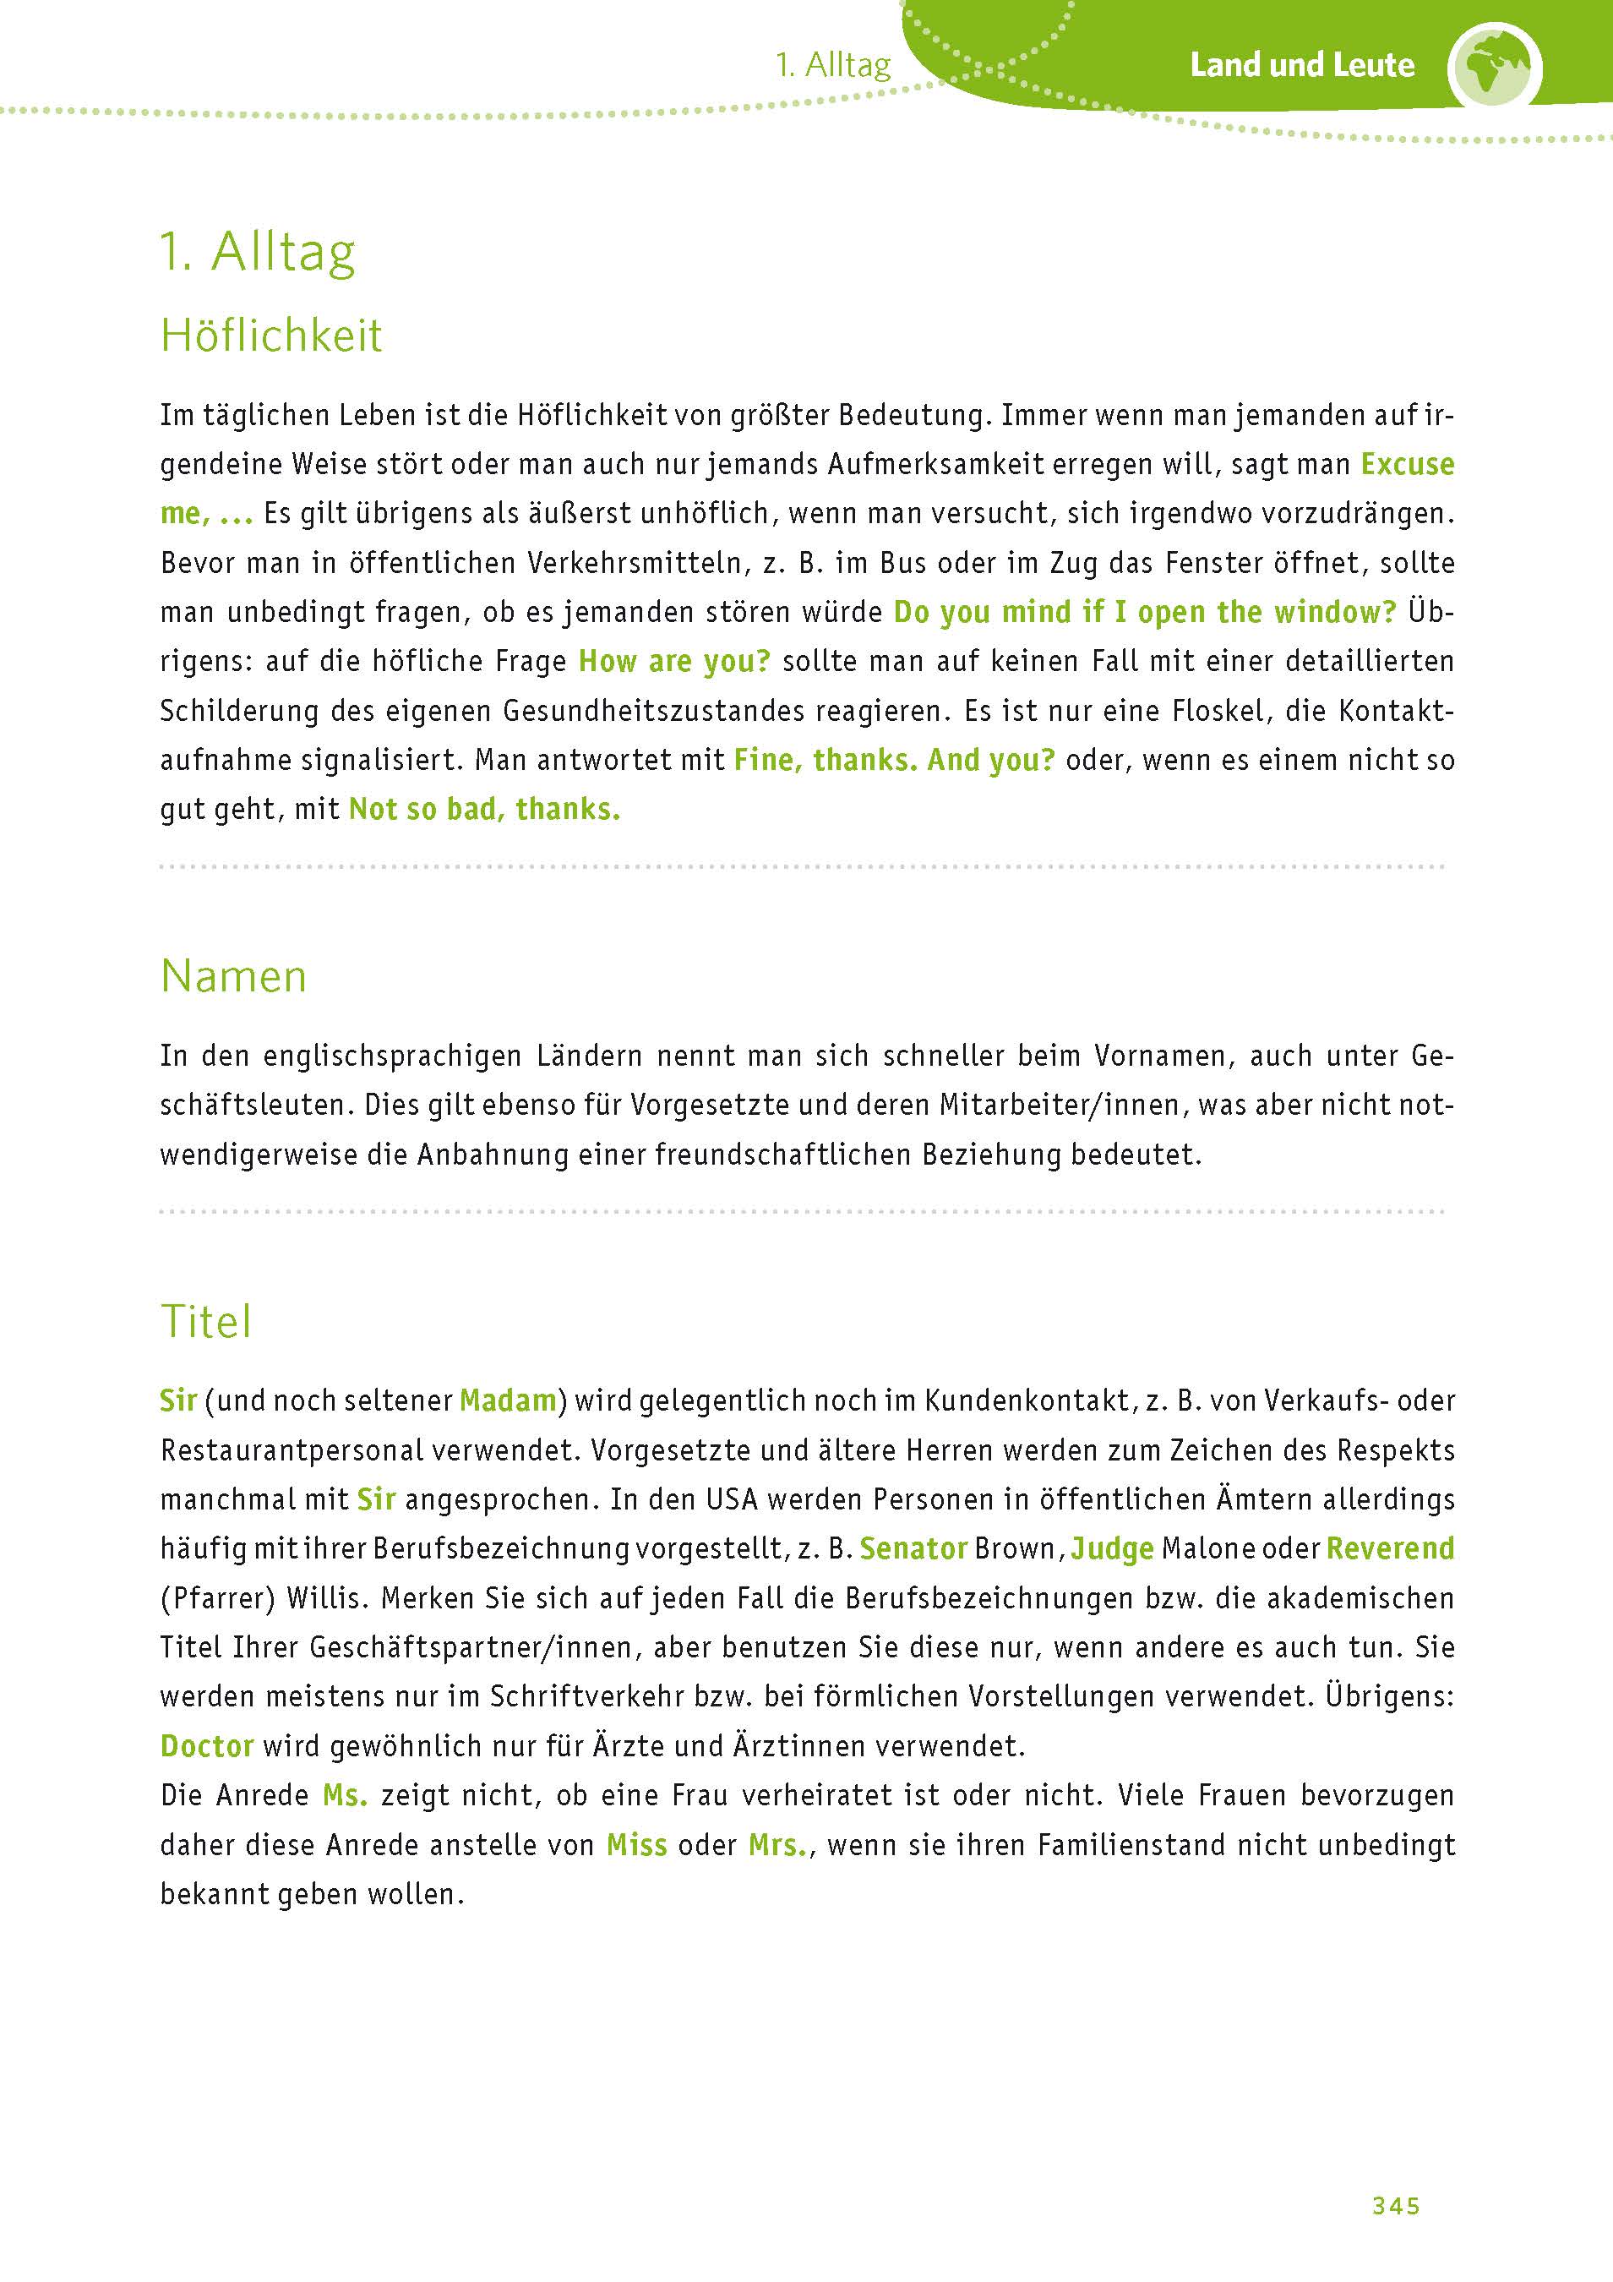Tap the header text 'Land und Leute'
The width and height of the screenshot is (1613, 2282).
[x=1302, y=66]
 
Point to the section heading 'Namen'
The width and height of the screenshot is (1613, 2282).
[x=233, y=976]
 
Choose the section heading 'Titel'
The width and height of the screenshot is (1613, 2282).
[x=205, y=1322]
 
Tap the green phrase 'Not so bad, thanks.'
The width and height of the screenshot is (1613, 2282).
[x=484, y=810]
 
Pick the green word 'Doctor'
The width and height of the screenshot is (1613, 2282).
[x=207, y=1746]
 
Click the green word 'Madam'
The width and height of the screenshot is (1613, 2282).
[x=508, y=1401]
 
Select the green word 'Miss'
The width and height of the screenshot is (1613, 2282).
[x=637, y=1846]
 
